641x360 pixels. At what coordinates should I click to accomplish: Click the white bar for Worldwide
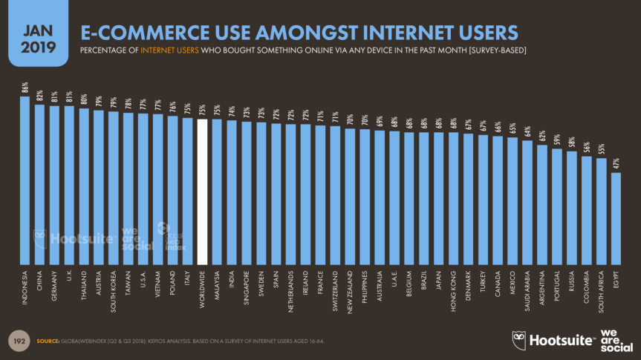[x=202, y=192]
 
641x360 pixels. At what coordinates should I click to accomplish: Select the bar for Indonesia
[x=25, y=181]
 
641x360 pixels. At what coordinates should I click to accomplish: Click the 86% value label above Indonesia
[x=25, y=88]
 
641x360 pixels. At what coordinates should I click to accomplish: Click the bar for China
[x=39, y=185]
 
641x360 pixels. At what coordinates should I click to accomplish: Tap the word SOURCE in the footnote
[x=49, y=341]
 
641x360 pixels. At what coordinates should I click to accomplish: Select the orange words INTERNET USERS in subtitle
[x=166, y=50]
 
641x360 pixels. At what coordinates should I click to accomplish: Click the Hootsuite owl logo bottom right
[x=521, y=340]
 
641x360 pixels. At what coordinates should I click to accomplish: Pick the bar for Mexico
[x=513, y=201]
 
